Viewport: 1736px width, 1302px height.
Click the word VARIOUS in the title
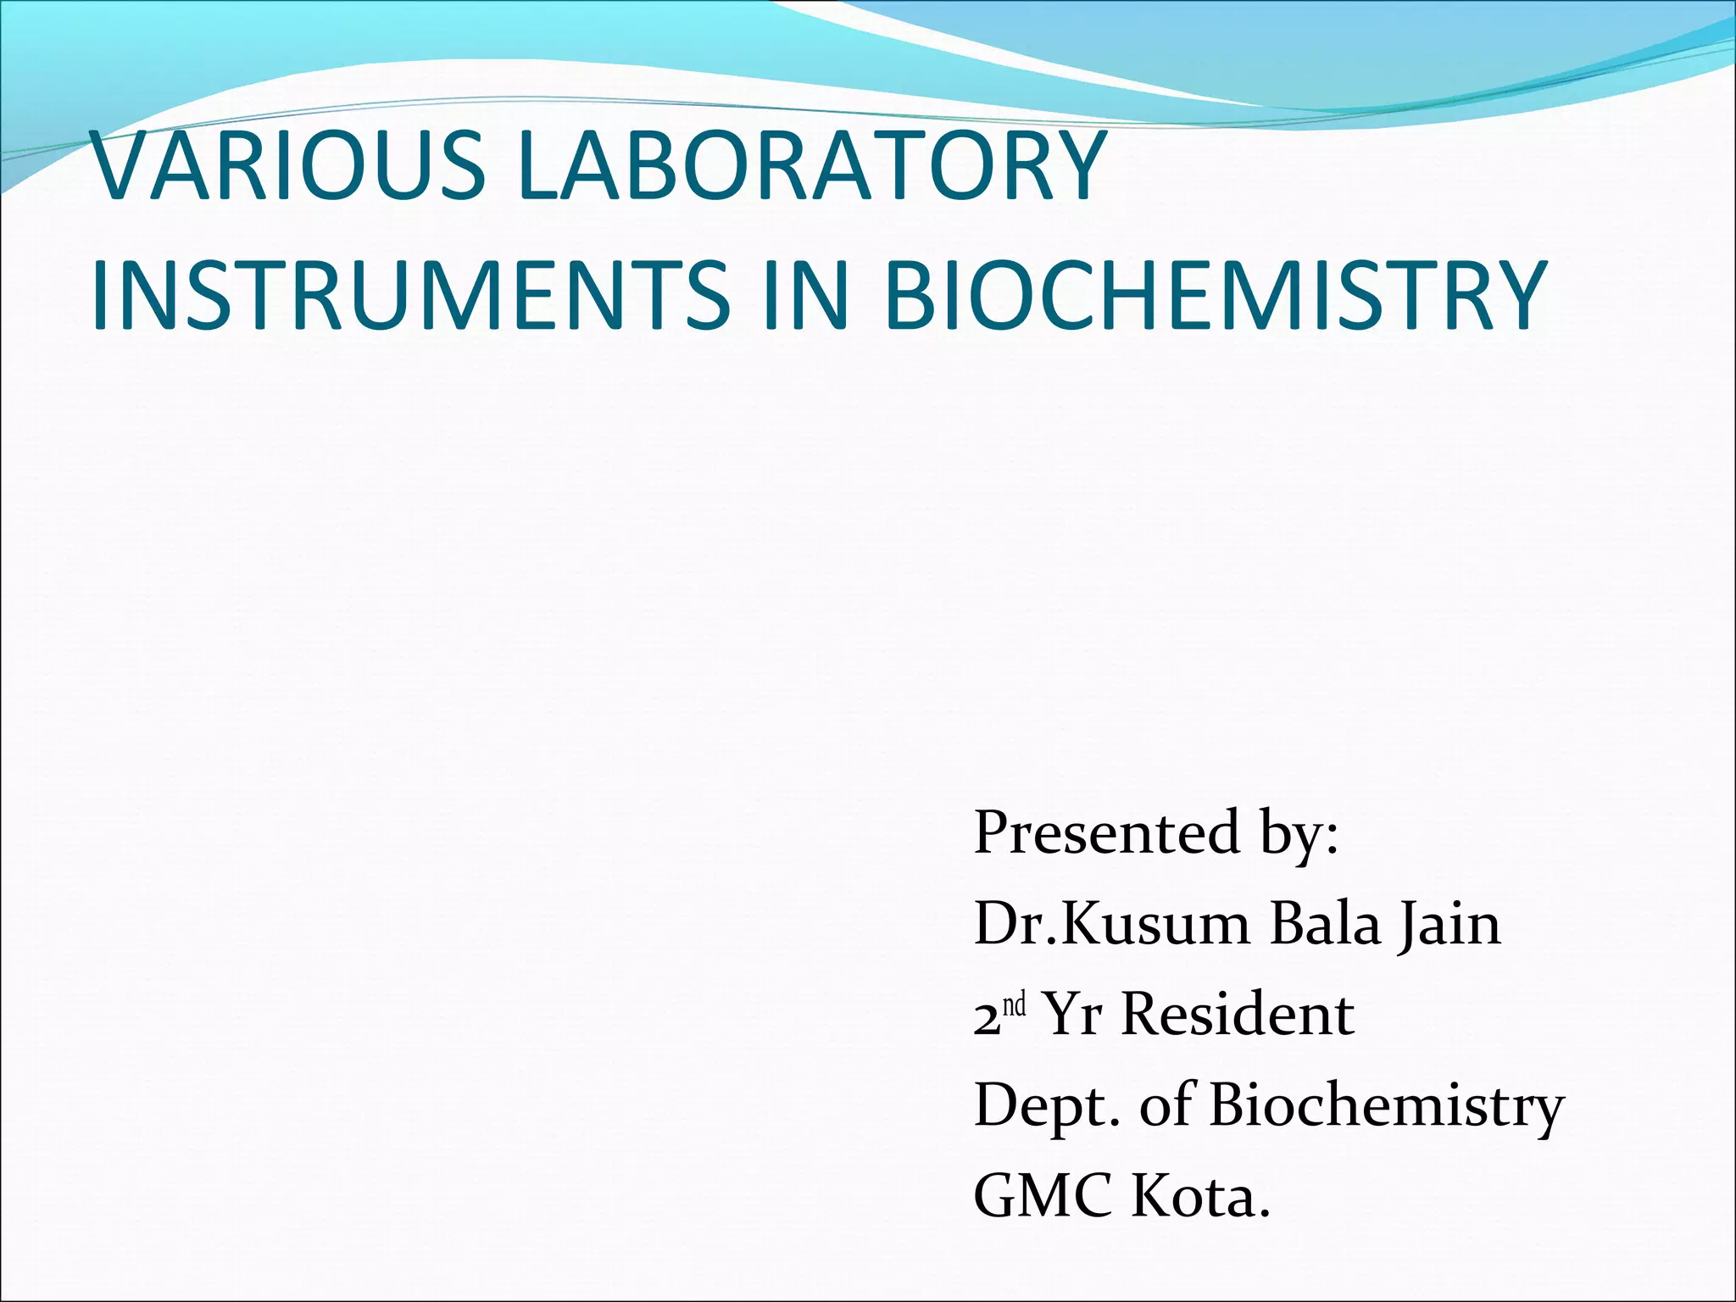(288, 167)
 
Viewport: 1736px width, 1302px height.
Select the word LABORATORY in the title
(811, 167)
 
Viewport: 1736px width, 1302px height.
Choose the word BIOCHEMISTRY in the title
(1216, 296)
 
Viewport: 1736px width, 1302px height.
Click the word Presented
(1106, 832)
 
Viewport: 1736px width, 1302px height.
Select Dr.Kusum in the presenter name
(1111, 923)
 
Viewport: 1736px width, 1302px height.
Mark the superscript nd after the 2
(1014, 1005)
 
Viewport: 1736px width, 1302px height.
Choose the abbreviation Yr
(1072, 1015)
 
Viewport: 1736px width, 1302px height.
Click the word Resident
(1237, 1015)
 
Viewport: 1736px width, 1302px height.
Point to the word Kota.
(1201, 1196)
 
